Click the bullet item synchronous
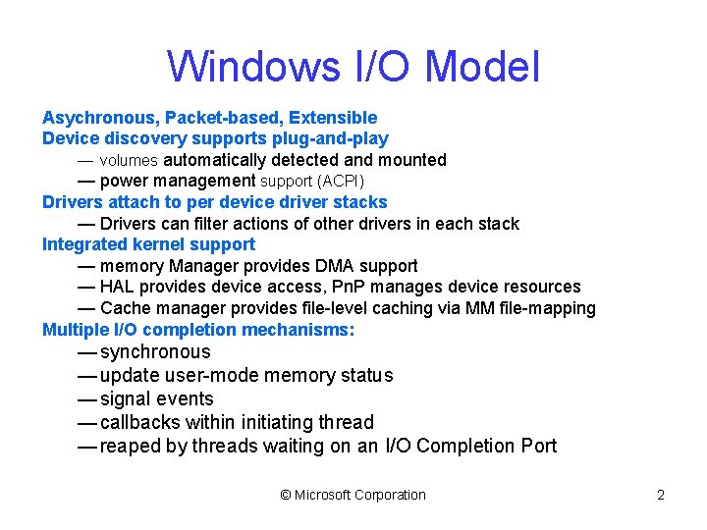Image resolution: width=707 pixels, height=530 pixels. pos(155,352)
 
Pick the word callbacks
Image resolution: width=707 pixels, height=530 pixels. pos(141,423)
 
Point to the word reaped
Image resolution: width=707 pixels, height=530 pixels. pos(132,447)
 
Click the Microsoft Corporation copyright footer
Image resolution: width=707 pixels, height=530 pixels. pos(353,495)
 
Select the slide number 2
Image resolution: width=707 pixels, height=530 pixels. pos(661,495)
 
